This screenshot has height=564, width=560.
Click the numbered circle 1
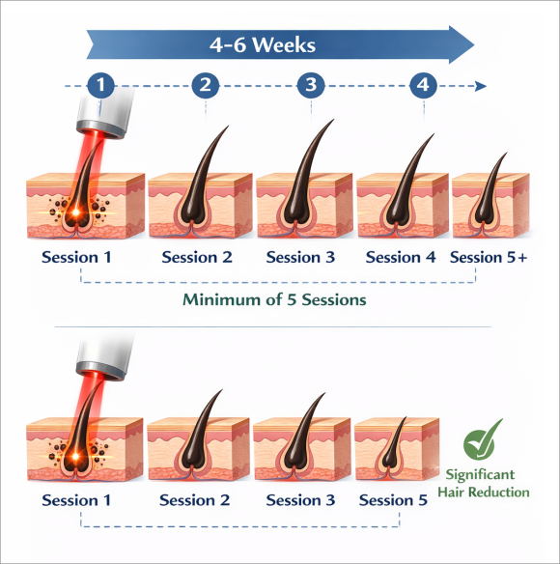pos(100,85)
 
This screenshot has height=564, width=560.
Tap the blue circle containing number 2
pos(206,85)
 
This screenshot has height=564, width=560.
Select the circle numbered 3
pos(311,85)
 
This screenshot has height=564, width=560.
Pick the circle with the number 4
pos(423,85)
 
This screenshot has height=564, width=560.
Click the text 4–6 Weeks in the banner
pos(263,45)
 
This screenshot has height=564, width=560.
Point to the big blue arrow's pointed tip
pos(474,45)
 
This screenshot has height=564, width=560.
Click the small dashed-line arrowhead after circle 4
pos(481,86)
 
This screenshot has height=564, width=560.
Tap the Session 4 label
pos(401,257)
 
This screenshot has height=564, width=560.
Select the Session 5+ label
pos(489,257)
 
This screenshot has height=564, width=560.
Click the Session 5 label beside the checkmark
pos(393,500)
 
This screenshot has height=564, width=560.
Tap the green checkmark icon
pos(481,439)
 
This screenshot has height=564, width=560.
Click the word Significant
pos(480,475)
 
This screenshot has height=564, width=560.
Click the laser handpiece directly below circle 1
pos(105,112)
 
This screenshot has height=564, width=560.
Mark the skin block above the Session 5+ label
pos(490,205)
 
